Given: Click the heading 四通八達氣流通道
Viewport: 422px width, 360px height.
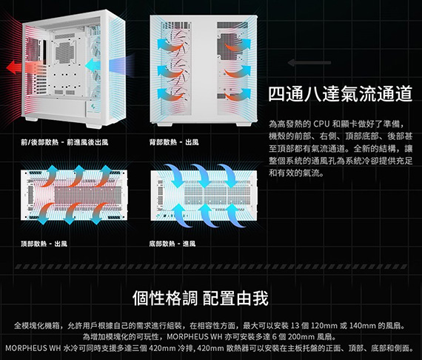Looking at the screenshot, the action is tap(340, 94).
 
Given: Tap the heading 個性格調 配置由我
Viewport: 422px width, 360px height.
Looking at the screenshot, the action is tap(201, 298).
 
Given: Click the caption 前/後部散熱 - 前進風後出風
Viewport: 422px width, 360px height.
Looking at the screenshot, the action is tap(64, 142).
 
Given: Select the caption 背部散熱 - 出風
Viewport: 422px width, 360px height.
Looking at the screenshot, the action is tap(174, 142).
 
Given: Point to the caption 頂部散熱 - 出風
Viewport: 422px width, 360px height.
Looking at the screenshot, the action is tap(44, 244).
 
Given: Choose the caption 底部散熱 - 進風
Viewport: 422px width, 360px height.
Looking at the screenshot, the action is tap(173, 244).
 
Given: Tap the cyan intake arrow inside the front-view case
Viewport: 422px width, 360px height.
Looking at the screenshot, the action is tap(93, 65).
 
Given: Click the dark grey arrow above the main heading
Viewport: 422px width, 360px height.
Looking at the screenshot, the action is tap(309, 63).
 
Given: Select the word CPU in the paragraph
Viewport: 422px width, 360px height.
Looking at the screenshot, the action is tap(321, 124).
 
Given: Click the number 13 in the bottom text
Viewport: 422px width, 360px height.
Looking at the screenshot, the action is tap(295, 326).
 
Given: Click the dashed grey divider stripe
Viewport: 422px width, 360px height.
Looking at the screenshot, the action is tap(211, 267).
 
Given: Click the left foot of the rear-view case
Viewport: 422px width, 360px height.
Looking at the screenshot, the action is tap(164, 124).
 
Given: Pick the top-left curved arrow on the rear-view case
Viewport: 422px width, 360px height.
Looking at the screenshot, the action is tap(170, 45).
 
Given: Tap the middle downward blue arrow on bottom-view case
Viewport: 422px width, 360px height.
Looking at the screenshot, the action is tap(202, 176).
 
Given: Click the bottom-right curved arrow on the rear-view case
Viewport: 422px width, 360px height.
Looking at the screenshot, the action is tap(238, 94).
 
